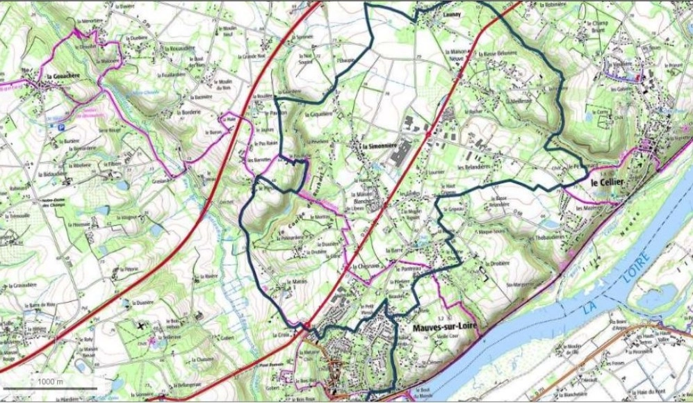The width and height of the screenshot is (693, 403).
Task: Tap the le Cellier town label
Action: (x=608, y=181)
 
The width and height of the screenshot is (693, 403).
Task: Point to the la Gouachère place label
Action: (x=60, y=73)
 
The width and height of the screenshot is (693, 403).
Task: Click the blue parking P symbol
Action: (x=61, y=127)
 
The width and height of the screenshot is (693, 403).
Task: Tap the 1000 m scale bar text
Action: (x=50, y=381)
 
